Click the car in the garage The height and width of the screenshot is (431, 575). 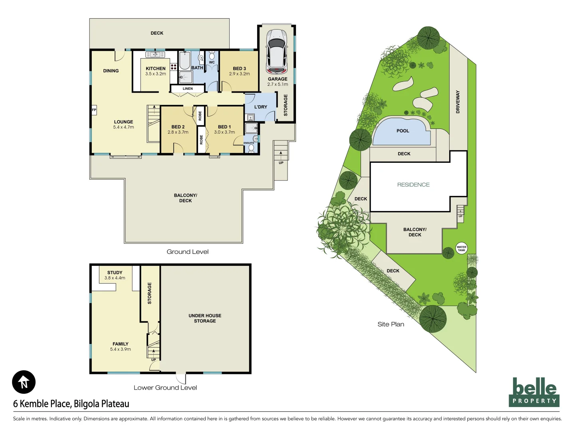(277, 51)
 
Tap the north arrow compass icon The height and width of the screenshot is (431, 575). (24, 382)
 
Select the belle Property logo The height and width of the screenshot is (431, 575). (534, 392)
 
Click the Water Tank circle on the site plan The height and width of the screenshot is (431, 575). (461, 248)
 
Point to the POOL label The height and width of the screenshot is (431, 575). (402, 131)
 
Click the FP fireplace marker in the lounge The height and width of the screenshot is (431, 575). (94, 110)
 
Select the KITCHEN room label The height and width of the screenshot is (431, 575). (155, 69)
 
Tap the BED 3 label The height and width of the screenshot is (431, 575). (239, 69)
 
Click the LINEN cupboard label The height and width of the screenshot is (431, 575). (188, 89)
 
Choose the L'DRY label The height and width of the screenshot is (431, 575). (260, 107)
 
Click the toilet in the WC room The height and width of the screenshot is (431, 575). (212, 57)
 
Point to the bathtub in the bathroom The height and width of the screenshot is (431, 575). (184, 60)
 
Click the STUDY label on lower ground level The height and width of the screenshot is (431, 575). (115, 273)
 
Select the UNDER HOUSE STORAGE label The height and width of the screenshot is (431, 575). (205, 318)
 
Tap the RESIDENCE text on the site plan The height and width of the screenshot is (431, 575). (413, 185)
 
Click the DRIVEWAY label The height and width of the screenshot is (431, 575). (458, 102)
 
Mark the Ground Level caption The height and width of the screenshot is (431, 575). (187, 252)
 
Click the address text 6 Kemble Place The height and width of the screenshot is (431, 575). (71, 404)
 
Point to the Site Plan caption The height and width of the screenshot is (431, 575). (391, 324)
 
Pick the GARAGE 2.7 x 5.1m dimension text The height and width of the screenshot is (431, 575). (278, 84)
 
